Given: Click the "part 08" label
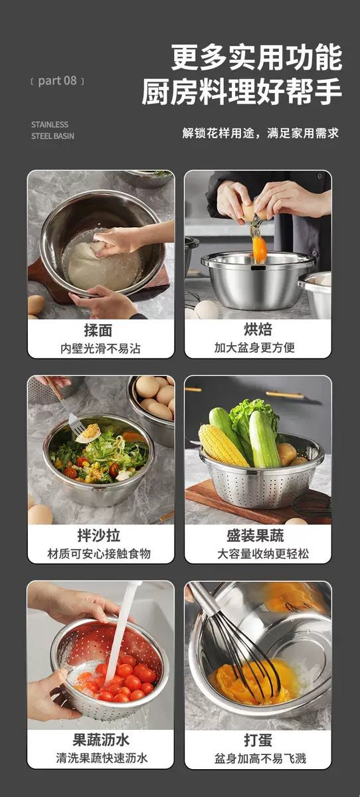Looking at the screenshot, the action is tap(57, 81).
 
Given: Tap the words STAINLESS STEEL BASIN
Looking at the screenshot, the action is tap(52, 130).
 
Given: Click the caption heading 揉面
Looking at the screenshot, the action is tap(98, 330).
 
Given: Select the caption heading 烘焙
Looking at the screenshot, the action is tap(258, 329).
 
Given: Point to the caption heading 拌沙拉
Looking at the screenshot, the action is tap(99, 535).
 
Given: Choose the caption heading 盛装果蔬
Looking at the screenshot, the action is tap(256, 535).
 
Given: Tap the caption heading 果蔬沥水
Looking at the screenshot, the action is tap(101, 739).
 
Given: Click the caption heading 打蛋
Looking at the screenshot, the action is tap(258, 740).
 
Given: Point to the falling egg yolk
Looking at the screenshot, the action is tap(259, 248).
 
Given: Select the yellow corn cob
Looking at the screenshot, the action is tap(222, 445).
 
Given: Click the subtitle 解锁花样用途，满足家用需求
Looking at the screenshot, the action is tap(260, 133).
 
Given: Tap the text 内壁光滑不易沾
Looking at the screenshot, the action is tap(100, 348).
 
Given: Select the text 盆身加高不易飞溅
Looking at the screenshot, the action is tap(260, 758).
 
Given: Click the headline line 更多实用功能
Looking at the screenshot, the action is tap(256, 57).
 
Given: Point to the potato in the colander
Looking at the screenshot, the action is tap(287, 454).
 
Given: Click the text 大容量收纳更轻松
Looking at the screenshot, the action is tap(263, 553).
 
